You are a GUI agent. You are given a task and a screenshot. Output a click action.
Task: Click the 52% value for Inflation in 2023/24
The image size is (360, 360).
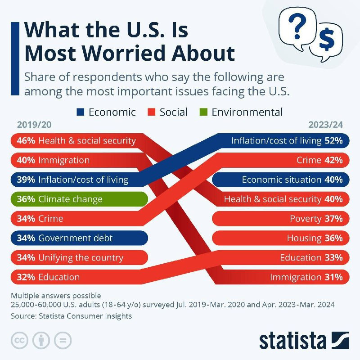(333, 141)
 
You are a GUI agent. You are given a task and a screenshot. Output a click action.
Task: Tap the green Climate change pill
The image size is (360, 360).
(79, 199)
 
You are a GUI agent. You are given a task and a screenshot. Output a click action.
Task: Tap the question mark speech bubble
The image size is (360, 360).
(297, 28)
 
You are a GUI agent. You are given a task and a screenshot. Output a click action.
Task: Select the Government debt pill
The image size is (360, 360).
(79, 238)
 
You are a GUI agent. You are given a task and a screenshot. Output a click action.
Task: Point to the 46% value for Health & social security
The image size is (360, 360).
(26, 141)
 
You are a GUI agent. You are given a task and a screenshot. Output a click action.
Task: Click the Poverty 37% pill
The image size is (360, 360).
(280, 219)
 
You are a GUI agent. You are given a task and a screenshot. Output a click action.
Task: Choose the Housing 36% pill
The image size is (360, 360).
(280, 238)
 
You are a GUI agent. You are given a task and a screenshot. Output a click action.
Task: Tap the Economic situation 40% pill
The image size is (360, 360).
(280, 180)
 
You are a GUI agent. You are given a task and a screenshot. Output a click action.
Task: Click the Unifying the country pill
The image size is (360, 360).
(79, 258)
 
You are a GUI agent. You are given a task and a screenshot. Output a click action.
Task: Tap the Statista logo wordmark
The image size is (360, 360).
(292, 340)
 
